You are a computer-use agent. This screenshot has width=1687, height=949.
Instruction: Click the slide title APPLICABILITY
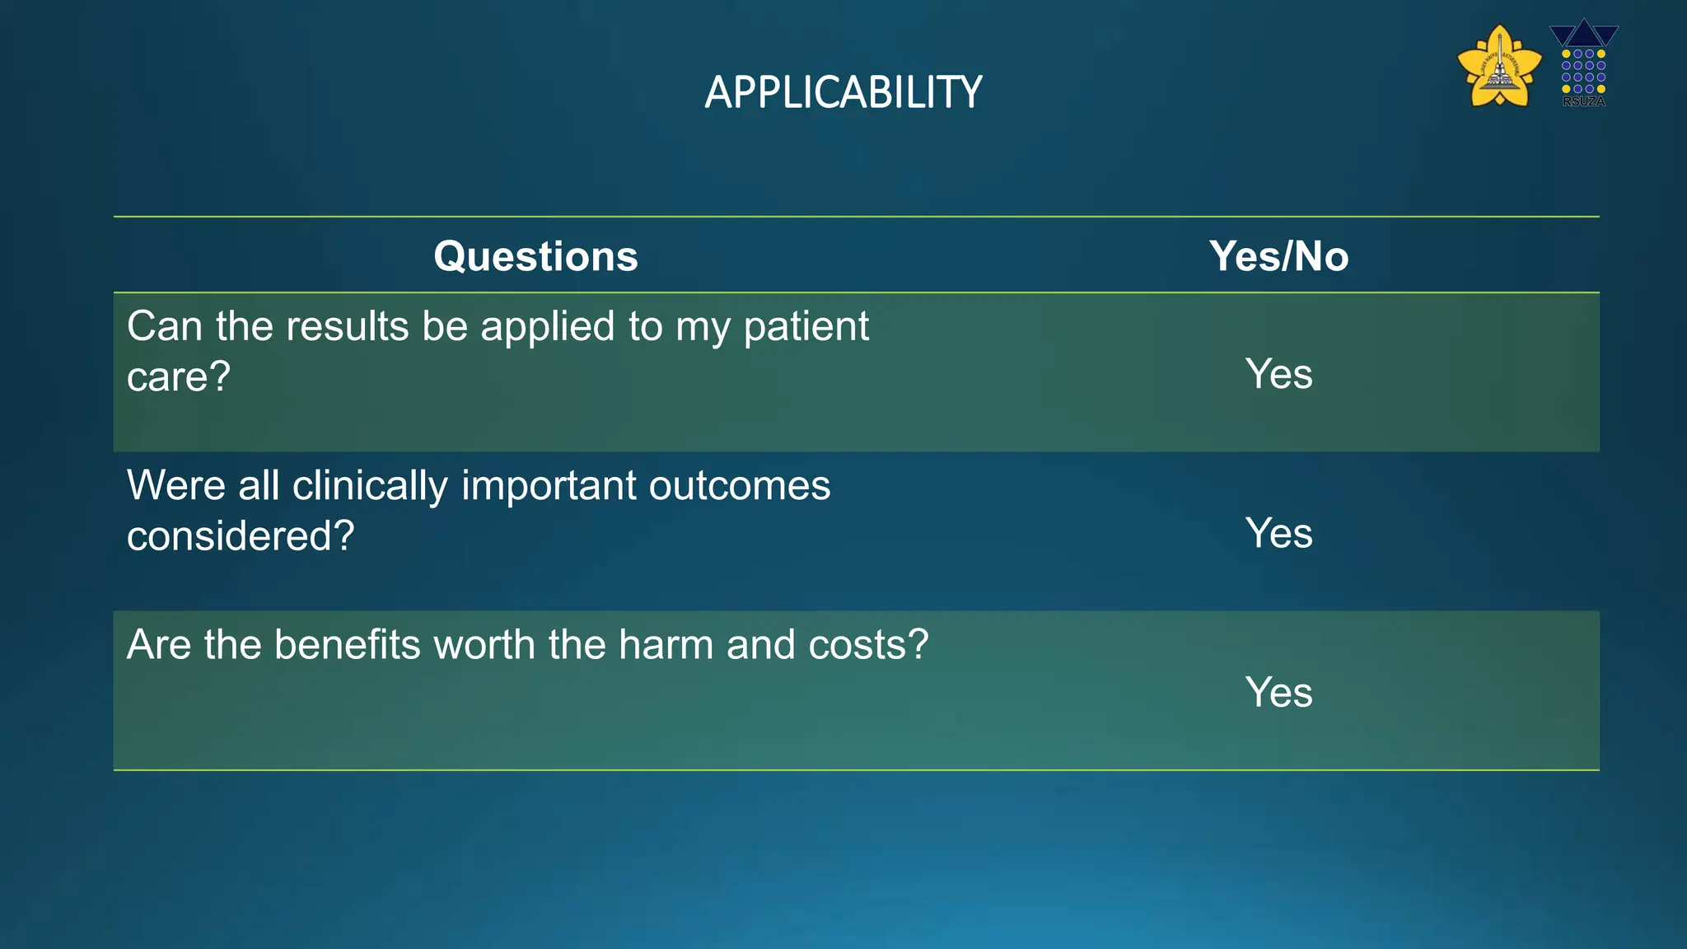[843, 92]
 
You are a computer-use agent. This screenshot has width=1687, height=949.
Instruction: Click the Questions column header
[535, 256]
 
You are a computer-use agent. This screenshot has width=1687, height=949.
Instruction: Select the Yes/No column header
[1278, 256]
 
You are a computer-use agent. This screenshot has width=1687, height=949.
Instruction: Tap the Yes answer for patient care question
[1278, 374]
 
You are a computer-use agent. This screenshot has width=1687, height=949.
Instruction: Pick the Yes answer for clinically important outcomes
[1278, 533]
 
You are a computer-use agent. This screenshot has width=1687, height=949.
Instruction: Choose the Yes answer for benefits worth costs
[1278, 692]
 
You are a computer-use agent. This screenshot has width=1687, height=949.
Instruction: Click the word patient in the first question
[806, 327]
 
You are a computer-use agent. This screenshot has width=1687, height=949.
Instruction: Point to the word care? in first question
[178, 377]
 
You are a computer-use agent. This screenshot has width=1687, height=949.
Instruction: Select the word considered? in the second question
[241, 536]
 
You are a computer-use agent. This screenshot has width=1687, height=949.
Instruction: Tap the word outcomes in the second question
[739, 485]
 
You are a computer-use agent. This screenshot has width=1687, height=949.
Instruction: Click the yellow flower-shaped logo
[1499, 68]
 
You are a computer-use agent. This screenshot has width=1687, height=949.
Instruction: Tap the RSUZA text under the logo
[1583, 101]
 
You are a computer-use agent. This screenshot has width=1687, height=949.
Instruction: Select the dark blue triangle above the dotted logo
[1583, 33]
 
